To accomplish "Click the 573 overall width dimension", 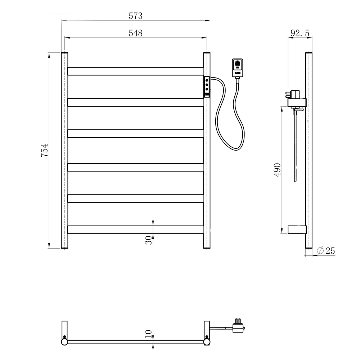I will coord(135,16).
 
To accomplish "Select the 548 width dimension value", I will coord(135,33).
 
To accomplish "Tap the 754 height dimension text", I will coord(44,150).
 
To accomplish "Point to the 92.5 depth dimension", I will coord(300,33).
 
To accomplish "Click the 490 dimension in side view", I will coord(277,169).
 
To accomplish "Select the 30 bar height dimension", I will coord(148,240).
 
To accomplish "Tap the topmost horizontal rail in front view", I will coord(135,71).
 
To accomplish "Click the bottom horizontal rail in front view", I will coord(135,229).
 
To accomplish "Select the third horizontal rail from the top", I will coord(135,133).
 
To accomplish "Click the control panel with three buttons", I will coord(207,86).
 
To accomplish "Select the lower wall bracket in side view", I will coord(297,229).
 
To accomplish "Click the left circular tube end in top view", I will coord(64,341).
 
